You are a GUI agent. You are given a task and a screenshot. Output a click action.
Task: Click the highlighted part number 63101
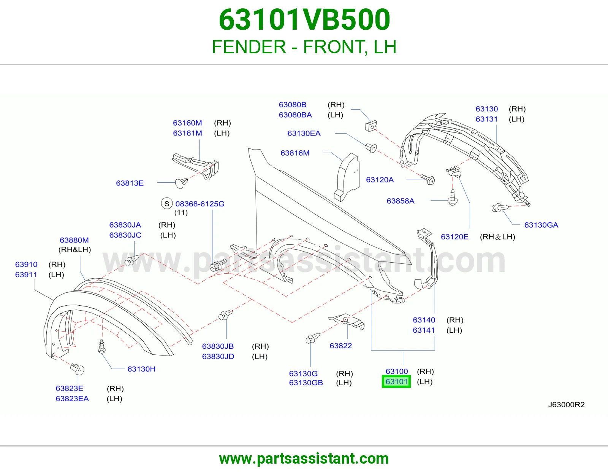pyautogui.click(x=396, y=381)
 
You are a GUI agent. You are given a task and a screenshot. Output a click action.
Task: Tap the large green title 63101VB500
pyautogui.click(x=304, y=19)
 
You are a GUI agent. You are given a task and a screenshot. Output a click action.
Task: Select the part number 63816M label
pyautogui.click(x=295, y=153)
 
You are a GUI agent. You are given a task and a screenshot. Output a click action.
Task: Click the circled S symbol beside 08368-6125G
pyautogui.click(x=167, y=204)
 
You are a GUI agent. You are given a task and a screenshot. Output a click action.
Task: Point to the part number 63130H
pyautogui.click(x=141, y=369)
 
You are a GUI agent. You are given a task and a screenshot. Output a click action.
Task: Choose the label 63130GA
pyautogui.click(x=541, y=225)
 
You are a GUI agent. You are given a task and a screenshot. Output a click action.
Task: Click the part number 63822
pyautogui.click(x=340, y=346)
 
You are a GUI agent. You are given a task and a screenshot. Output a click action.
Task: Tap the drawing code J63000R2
pyautogui.click(x=566, y=405)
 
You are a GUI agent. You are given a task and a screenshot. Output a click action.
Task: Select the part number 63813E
pyautogui.click(x=130, y=183)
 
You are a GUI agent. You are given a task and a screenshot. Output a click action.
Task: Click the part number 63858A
pyautogui.click(x=401, y=201)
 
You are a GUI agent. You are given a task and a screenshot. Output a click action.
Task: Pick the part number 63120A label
pyautogui.click(x=380, y=180)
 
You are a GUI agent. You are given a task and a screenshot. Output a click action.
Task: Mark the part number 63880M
pyautogui.click(x=74, y=240)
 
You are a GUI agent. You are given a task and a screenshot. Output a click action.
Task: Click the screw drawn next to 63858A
pyautogui.click(x=453, y=197)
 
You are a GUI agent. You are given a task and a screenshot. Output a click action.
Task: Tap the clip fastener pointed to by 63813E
pyautogui.click(x=181, y=183)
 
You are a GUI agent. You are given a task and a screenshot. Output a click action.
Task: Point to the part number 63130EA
pyautogui.click(x=304, y=133)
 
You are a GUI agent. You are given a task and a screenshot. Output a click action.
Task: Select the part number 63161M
pyautogui.click(x=187, y=133)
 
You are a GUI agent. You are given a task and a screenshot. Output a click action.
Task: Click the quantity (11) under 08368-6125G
pyautogui.click(x=181, y=212)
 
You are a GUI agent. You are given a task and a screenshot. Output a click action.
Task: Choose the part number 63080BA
pyautogui.click(x=295, y=115)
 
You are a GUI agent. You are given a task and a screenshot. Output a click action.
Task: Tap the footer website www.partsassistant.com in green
pyautogui.click(x=304, y=459)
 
